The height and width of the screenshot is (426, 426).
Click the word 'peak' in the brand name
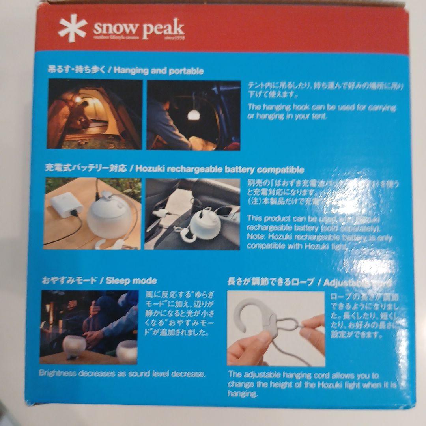163,28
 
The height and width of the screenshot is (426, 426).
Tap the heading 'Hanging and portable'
156,71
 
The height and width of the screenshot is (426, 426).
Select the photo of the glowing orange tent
95,114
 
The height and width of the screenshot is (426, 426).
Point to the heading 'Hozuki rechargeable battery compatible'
219,170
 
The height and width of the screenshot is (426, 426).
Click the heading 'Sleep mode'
131,281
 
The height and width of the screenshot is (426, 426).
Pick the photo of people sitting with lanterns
89,327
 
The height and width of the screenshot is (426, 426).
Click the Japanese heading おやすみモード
69,281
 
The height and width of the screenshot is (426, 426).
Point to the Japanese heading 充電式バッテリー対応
86,170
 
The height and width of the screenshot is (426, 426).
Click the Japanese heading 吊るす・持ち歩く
77,71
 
